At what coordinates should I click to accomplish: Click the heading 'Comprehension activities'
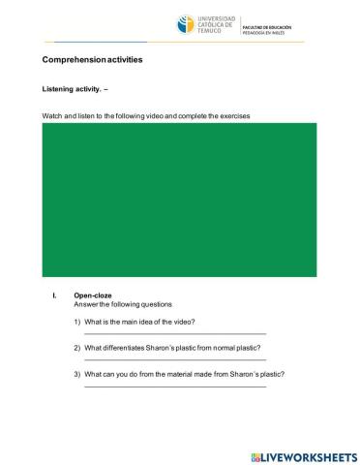click(x=92, y=60)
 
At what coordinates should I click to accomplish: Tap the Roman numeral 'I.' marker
click(x=55, y=295)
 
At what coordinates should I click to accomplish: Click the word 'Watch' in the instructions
click(x=52, y=116)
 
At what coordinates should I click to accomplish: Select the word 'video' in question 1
click(x=185, y=321)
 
